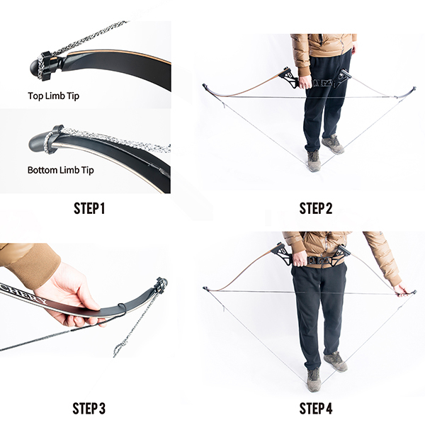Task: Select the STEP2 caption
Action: tap(316, 208)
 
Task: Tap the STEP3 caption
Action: tap(89, 408)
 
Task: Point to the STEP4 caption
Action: tap(316, 408)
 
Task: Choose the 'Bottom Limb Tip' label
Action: tap(61, 170)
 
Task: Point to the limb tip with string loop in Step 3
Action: tap(160, 285)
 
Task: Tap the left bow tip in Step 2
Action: tap(206, 87)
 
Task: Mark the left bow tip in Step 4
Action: tap(206, 288)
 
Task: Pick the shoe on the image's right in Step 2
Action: tap(333, 144)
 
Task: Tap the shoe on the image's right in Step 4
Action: tap(335, 362)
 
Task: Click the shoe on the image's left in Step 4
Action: tap(313, 380)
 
